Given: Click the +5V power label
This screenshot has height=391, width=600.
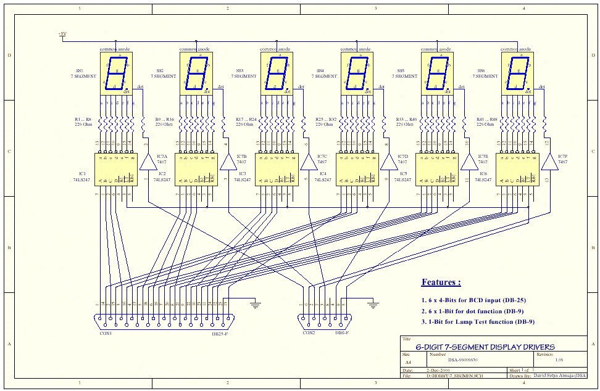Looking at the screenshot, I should (62, 34).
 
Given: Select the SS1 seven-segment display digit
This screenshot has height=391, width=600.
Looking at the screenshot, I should (115, 73).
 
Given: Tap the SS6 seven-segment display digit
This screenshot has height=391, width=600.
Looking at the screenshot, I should (517, 73).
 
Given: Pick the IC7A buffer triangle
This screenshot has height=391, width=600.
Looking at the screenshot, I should (149, 162).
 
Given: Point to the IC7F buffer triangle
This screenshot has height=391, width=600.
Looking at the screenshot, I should (547, 162).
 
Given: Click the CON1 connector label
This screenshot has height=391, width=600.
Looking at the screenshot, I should (106, 333).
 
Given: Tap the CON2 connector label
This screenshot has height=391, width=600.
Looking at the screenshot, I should (309, 333).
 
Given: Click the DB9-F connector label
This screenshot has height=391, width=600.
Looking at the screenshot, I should (341, 333).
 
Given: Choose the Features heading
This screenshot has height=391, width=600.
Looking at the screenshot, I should (441, 282).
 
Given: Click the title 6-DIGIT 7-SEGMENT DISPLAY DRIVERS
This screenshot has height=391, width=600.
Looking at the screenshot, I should (485, 347).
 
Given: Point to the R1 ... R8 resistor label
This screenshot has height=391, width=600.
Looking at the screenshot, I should (82, 119).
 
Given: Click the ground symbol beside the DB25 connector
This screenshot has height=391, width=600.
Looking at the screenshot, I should (254, 303).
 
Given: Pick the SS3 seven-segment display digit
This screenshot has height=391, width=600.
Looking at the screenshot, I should (276, 73).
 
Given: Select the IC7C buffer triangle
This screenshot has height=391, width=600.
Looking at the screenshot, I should (308, 162).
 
